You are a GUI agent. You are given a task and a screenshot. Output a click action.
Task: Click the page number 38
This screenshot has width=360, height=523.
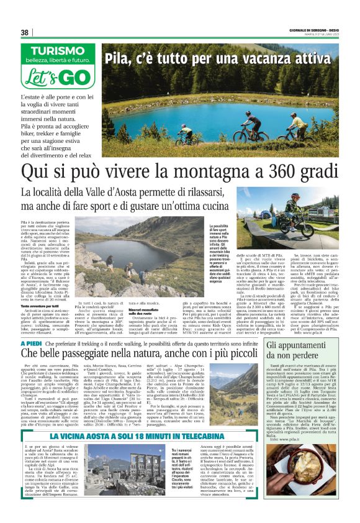[x=25, y=32]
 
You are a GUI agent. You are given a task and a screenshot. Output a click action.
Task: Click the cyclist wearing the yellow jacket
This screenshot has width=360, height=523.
[x=295, y=123]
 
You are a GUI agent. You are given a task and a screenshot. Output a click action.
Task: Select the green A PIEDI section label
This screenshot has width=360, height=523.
[x=32, y=343]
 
